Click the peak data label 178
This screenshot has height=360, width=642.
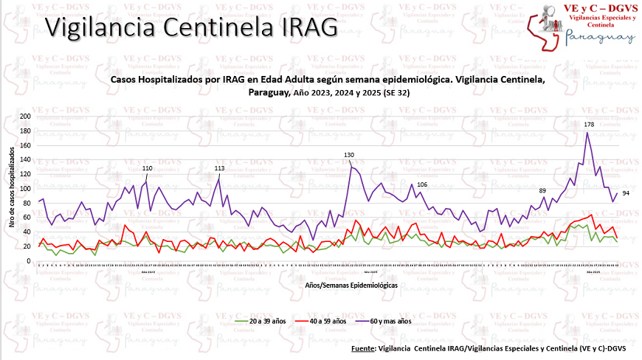coord(589,125)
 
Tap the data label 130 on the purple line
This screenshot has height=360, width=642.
coord(349,155)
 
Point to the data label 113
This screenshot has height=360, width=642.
coord(219,168)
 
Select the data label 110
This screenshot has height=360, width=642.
coord(147,168)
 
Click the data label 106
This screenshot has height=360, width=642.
coord(421,184)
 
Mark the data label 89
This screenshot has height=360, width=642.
coord(542,191)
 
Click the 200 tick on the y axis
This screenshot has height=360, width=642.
coord(25,117)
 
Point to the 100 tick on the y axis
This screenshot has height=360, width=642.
coord(25,189)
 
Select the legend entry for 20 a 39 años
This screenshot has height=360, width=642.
coord(263,322)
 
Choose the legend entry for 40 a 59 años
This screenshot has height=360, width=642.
coord(325,322)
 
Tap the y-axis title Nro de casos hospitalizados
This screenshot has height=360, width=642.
coord(13,187)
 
